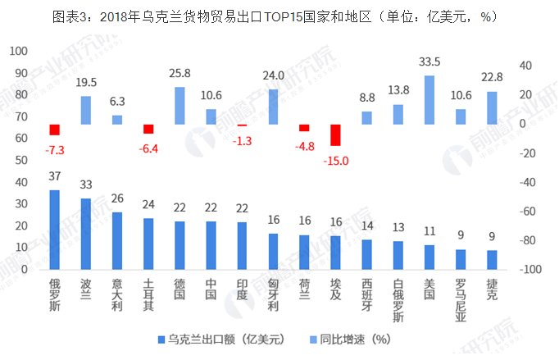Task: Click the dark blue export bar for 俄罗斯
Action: coord(54,230)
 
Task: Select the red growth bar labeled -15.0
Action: coord(335,135)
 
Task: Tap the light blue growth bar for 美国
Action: coord(429,100)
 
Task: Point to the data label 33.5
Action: coord(429,62)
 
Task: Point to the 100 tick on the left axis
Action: coord(16,51)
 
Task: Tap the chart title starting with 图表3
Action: coord(279,16)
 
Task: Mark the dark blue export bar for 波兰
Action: coord(85,235)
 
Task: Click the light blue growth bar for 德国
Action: coord(180,106)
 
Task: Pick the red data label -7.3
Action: coord(54,149)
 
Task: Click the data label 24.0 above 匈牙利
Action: coord(273,75)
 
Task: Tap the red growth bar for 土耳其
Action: coord(148,129)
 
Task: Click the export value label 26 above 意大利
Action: coord(116,198)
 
